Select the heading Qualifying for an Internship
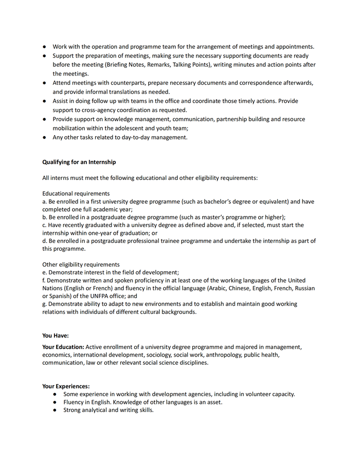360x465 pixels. pos(79,162)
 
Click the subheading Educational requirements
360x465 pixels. pos(76,194)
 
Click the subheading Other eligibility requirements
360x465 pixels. pos(81,265)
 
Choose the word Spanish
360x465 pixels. pos(60,296)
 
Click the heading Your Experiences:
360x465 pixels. pos(66,386)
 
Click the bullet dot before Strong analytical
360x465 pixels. pos(55,411)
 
